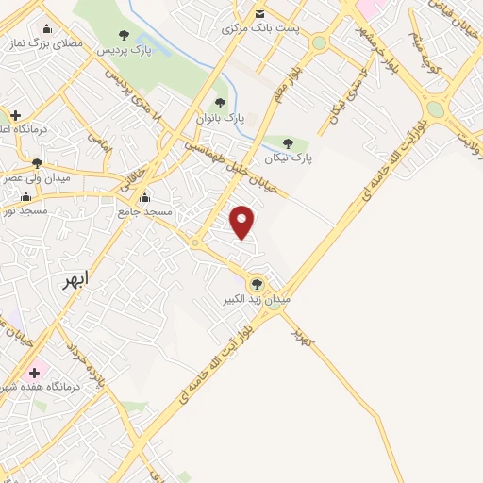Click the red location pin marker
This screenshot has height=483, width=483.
[x=243, y=221]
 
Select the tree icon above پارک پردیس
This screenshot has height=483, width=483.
[x=125, y=35]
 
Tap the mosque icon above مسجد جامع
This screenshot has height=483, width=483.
[x=144, y=199]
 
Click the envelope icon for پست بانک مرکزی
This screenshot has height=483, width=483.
[x=260, y=13]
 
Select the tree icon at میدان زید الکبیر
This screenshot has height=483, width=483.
[x=257, y=283]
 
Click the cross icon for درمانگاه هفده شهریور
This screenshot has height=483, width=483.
[x=36, y=372]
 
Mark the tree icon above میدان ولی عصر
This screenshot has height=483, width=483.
[x=36, y=163]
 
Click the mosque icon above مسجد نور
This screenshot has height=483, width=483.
[x=25, y=197]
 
